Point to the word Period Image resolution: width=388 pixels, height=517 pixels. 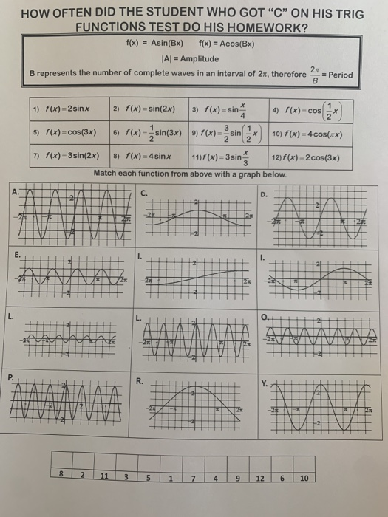pos(343,74)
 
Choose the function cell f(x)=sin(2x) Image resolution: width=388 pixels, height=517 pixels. pos(146,109)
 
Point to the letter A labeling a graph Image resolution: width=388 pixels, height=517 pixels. pos(15,191)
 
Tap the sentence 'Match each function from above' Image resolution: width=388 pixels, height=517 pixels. pos(190,173)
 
